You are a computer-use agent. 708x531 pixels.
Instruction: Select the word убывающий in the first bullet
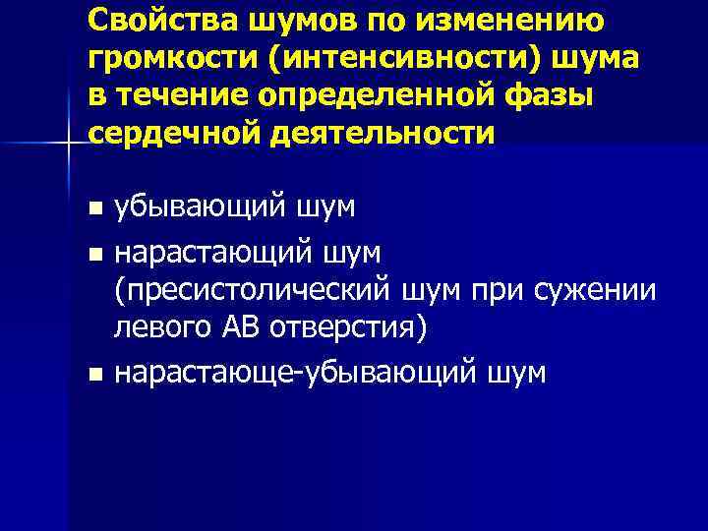coord(201,208)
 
